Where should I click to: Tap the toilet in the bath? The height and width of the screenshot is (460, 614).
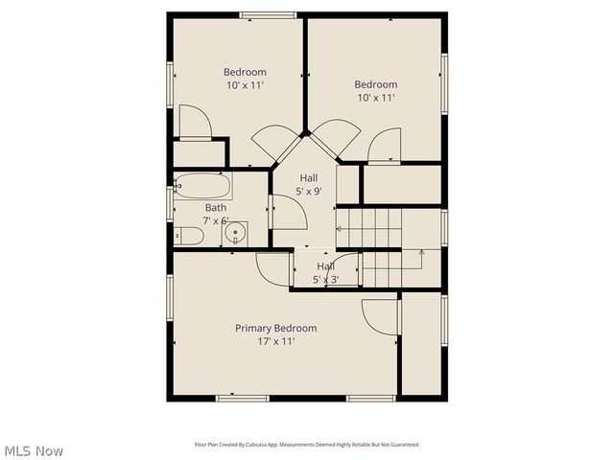(x=189, y=236)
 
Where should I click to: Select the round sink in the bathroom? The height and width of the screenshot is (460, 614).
(x=235, y=233)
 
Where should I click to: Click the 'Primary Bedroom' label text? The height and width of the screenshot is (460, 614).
(x=275, y=328)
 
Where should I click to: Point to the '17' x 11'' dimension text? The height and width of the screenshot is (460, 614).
(x=275, y=341)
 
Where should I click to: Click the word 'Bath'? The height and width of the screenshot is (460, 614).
(x=215, y=207)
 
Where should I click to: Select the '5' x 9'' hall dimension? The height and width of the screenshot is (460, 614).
(x=308, y=192)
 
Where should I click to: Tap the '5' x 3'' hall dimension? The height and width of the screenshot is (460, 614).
(x=325, y=280)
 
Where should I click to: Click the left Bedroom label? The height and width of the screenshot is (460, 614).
(x=245, y=72)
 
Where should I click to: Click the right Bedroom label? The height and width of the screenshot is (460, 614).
(x=375, y=84)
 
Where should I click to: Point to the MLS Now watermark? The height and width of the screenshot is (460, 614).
(x=33, y=450)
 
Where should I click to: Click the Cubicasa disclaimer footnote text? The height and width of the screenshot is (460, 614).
(x=307, y=445)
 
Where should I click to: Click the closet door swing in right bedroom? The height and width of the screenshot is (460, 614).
(x=385, y=147)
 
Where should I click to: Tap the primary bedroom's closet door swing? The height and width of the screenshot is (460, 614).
(x=380, y=317)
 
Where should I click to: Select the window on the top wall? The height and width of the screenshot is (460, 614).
(x=268, y=14)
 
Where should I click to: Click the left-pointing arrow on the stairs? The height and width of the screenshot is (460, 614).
(x=338, y=228)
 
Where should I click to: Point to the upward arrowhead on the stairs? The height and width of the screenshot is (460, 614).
(x=420, y=252)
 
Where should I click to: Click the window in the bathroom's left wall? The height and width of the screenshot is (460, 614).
(x=170, y=203)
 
